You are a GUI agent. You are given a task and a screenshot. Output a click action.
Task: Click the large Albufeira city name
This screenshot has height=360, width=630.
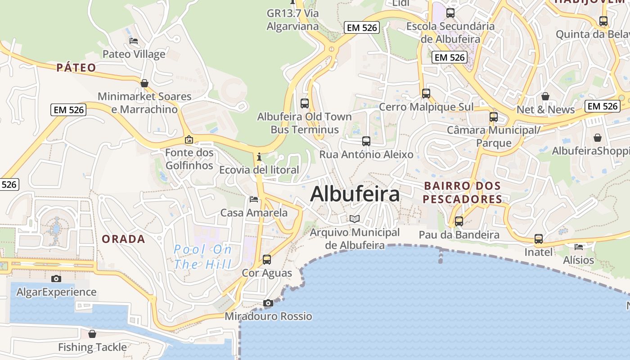tap(355, 194)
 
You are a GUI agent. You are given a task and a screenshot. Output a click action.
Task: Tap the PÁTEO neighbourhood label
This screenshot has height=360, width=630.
tap(76, 67)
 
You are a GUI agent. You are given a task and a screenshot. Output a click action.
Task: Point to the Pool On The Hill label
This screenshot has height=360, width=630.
tap(203, 256)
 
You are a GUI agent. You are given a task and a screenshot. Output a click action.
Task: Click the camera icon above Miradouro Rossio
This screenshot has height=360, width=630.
tap(268, 303)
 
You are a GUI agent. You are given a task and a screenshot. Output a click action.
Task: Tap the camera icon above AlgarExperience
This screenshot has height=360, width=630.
tap(56, 279)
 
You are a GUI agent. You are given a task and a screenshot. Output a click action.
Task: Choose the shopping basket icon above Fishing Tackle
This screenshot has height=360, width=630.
tap(92, 334)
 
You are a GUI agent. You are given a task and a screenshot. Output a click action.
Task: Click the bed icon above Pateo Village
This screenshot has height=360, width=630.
tap(134, 41)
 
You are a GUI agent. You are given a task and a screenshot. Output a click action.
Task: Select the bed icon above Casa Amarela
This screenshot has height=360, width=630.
tap(254, 199)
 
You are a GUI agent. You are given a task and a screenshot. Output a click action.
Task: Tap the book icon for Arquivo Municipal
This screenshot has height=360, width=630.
tap(355, 219)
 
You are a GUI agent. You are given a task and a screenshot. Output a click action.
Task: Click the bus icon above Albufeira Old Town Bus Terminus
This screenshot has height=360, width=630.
tap(305, 103)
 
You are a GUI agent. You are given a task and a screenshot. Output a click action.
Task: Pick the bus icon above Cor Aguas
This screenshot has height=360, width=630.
tap(267, 260)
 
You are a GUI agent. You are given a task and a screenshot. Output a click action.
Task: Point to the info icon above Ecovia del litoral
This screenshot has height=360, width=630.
tap(259, 157)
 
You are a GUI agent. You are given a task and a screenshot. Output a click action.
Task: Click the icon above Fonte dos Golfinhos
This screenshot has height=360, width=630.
tap(189, 139)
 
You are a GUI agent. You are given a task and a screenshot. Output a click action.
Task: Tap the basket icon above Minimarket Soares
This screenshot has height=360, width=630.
tap(144, 83)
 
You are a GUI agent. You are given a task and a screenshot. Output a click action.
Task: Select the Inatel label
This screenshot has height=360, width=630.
tap(538, 252)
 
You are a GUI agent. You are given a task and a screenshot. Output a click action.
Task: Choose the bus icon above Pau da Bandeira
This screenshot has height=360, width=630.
tap(459, 221)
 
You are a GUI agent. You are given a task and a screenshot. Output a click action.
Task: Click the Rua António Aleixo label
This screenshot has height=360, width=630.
tap(366, 154)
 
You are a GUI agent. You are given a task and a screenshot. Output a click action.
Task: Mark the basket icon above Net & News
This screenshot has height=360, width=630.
tap(545, 96)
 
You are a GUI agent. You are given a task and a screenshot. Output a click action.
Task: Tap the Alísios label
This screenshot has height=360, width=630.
tap(579, 260)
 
